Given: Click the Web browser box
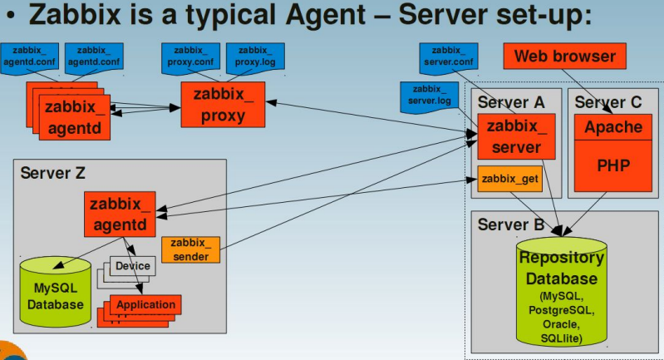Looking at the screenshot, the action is coord(564,56).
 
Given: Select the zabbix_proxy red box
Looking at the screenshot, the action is coord(224,105).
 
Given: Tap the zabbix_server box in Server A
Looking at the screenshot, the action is coord(516,136).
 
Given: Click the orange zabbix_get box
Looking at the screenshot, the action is coord(510,179).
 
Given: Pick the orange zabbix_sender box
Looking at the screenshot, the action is coord(190,249).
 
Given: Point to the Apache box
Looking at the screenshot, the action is coord(613,127).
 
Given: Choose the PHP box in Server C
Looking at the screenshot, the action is coord(613,165).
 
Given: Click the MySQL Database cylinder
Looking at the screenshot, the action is coord(56,292).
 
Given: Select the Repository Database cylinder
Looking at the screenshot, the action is coord(562,292).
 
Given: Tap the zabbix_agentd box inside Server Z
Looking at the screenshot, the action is coord(120,214).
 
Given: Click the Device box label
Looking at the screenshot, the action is coord(132,266).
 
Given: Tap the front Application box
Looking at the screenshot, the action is coord(145,304).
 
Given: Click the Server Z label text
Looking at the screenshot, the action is coord(52,173).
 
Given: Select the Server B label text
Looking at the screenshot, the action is coord(511,224).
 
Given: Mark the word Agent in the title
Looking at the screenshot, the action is coord(325,14).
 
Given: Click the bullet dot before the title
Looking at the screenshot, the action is coord(12,16).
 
